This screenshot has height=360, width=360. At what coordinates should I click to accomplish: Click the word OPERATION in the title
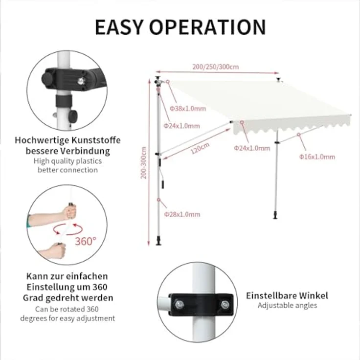208,27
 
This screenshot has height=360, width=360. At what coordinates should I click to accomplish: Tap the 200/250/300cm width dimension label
216,67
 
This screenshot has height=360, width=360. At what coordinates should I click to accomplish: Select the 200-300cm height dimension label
143,162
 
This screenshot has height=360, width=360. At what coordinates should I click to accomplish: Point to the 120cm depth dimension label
200,148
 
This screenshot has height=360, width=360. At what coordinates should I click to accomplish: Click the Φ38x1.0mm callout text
188,109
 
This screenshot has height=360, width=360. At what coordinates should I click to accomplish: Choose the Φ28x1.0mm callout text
182,214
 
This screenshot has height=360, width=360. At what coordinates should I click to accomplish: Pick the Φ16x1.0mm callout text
317,157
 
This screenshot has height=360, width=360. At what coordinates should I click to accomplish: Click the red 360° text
86,241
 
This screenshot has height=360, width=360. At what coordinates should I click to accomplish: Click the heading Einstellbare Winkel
287,295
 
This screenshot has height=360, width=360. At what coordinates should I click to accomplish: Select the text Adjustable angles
287,305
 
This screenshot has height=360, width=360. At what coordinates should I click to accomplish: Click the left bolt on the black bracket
180,305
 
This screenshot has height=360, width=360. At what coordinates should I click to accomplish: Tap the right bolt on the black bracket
225,305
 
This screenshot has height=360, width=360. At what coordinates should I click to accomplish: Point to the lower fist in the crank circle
56,251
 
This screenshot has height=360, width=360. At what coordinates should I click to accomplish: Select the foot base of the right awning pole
275,216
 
